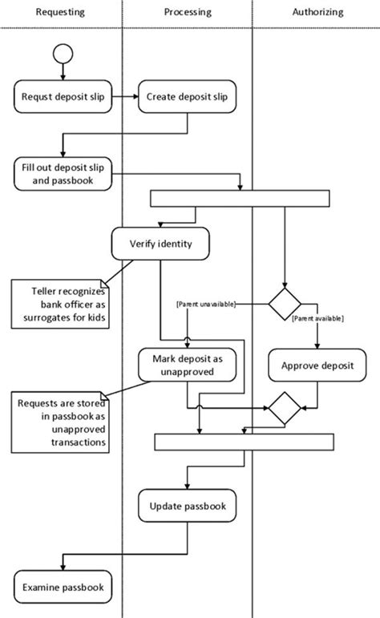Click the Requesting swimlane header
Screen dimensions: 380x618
tap(60, 12)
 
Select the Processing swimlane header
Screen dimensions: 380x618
tap(188, 12)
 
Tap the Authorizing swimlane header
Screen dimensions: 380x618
tap(317, 12)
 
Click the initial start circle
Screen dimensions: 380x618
tap(63, 54)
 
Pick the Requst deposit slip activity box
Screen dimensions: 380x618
tap(63, 96)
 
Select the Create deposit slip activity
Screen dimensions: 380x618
tap(188, 96)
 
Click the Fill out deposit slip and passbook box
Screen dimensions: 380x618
tap(63, 174)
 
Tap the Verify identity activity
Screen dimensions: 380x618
tap(160, 244)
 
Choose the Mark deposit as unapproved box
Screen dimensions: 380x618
tap(188, 365)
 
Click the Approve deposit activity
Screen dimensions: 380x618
tap(317, 365)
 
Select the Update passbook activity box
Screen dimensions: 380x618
tap(188, 506)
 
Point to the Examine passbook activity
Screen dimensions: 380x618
tap(63, 587)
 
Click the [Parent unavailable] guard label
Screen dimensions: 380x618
tap(206, 305)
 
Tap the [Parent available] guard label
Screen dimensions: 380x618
tap(317, 318)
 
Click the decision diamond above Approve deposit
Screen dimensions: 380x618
tap(285, 304)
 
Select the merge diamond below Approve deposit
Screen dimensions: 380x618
tap(285, 408)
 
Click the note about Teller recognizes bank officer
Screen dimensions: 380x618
tap(60, 304)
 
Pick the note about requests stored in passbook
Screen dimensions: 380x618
tap(60, 422)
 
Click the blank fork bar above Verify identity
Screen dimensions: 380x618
tap(240, 198)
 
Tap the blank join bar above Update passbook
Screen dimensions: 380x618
tap(244, 442)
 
